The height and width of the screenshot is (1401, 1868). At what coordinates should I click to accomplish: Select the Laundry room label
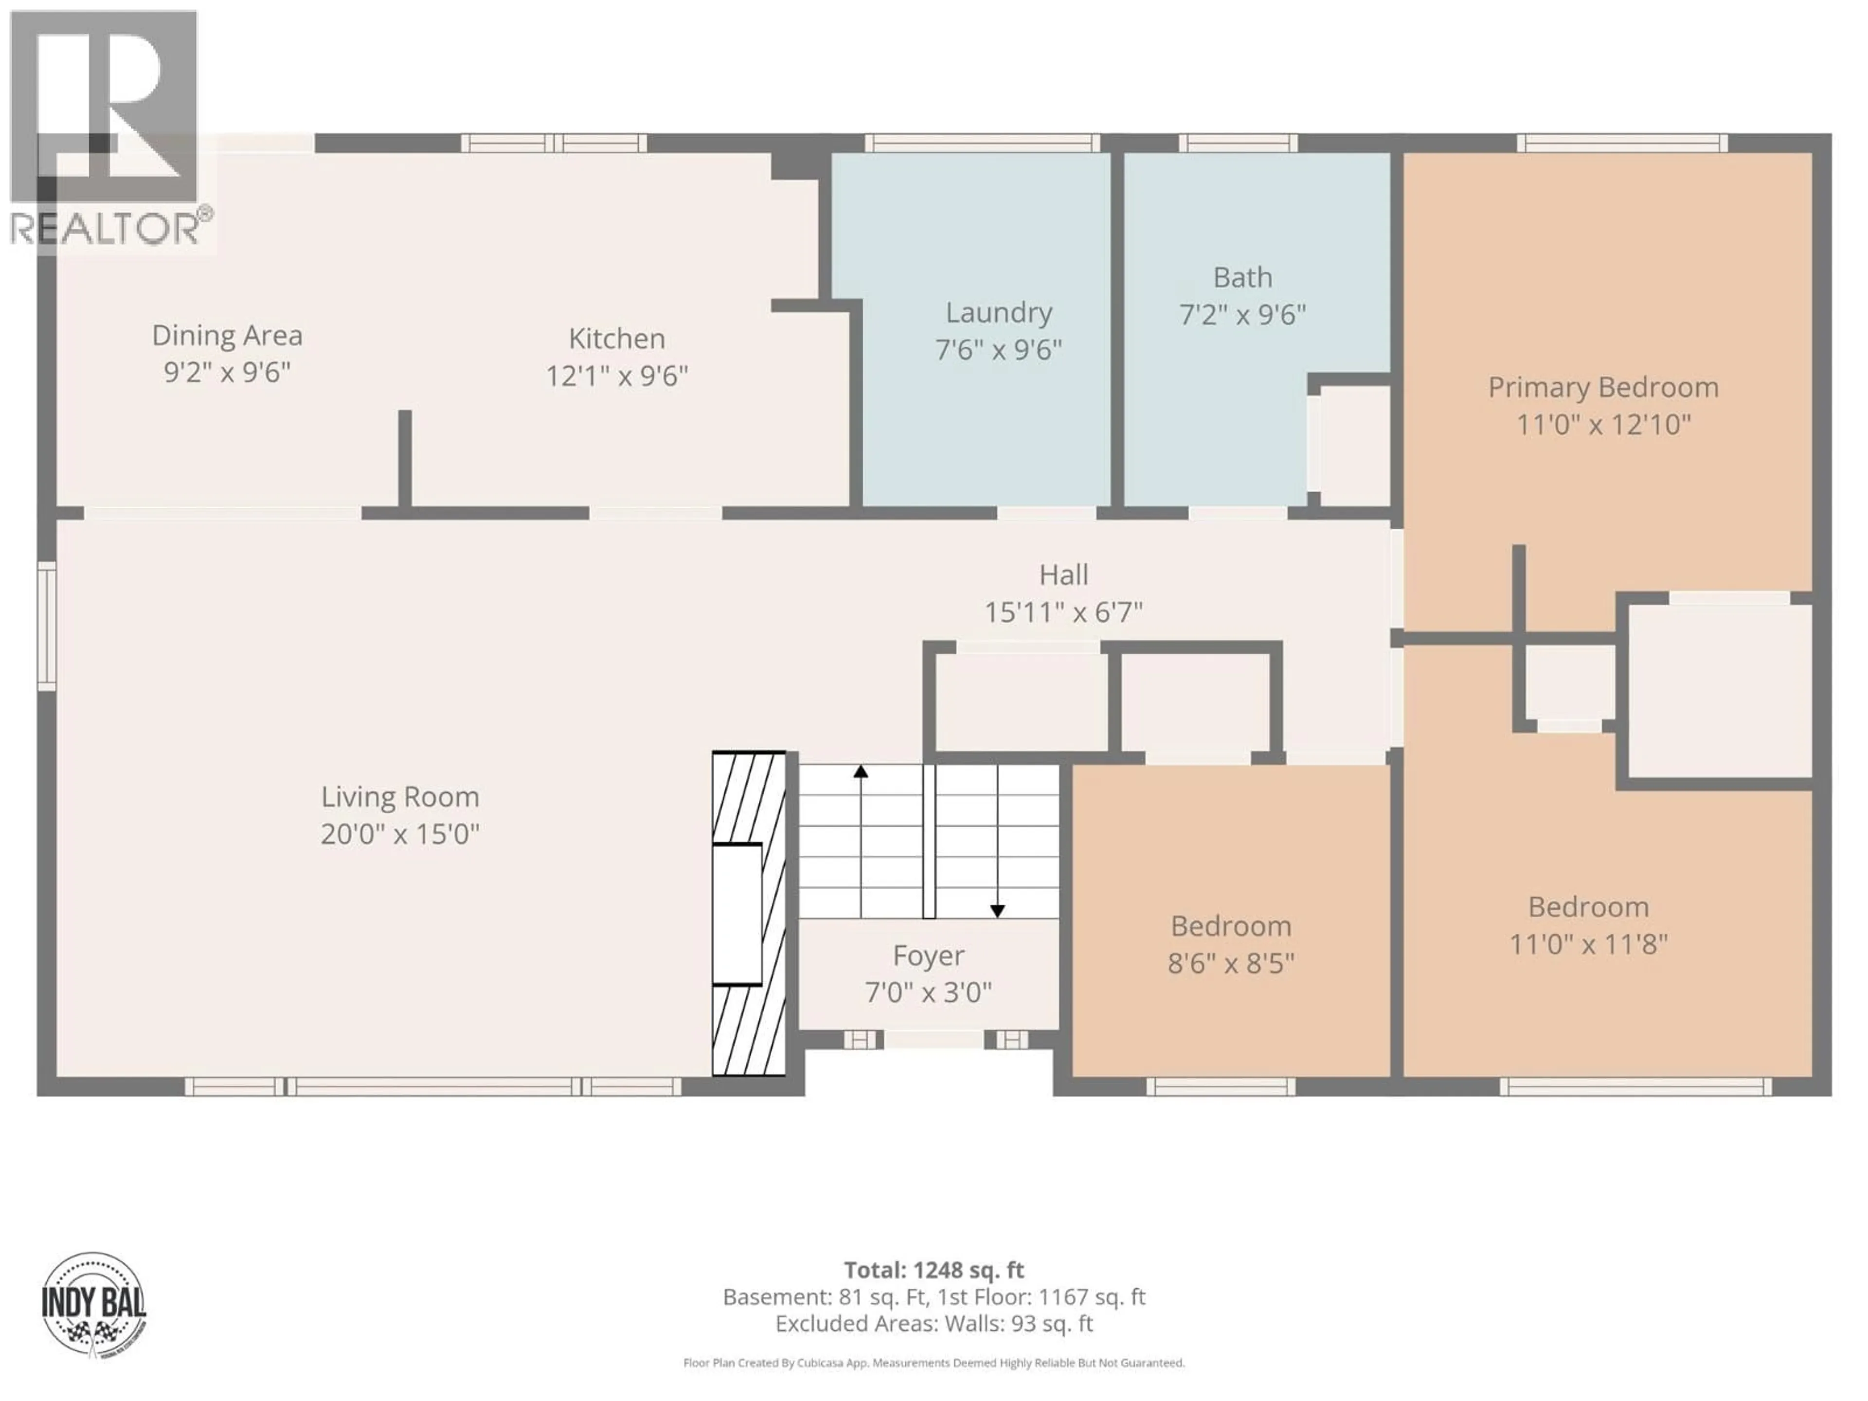point(998,312)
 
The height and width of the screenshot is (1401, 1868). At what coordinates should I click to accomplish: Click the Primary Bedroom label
point(1603,388)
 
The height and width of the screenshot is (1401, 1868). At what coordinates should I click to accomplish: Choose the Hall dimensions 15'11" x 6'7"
point(1063,611)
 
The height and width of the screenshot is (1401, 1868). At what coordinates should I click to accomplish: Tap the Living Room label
point(399,796)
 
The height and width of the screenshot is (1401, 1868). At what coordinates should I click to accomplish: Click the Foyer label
point(928,955)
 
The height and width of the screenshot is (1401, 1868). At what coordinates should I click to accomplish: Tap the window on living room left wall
point(46,626)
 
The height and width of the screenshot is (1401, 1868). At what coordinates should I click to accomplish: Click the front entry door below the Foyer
point(933,1040)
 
